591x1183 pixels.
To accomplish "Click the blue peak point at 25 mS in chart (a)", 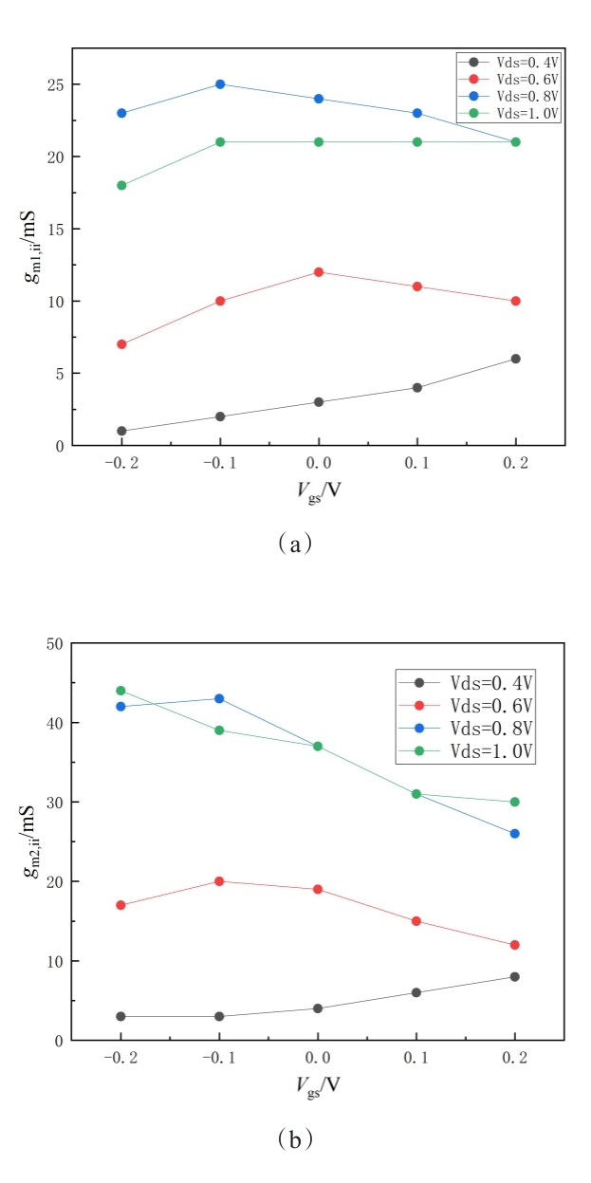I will tap(220, 83).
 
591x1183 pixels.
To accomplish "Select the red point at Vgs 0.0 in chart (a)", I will tap(319, 272).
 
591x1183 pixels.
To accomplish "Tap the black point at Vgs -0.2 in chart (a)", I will tap(121, 431).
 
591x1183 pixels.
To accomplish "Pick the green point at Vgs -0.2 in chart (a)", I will tap(121, 185).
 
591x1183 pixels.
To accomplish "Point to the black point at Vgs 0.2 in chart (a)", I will tap(515, 359).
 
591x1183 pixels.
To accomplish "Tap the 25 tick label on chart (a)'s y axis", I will tap(53, 84).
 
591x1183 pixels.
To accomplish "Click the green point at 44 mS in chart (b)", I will tap(121, 691).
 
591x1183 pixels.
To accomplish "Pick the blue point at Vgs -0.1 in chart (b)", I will tap(220, 698).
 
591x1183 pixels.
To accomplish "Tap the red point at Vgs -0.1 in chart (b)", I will tap(220, 881).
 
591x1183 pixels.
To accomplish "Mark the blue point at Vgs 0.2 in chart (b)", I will tap(515, 834).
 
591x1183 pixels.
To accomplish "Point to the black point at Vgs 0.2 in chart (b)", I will tap(515, 976).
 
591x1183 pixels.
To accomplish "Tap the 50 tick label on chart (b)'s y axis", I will tap(53, 644).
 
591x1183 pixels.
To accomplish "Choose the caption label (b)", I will tap(295, 1139).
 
